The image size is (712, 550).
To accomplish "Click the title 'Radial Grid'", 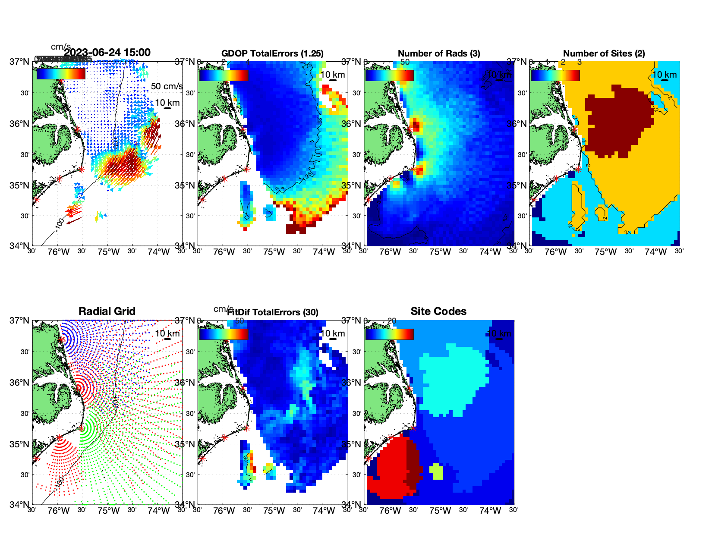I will pos(107,311).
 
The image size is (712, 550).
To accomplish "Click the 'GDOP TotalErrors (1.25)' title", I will pos(272,53).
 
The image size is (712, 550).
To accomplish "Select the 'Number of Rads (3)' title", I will pos(439,53).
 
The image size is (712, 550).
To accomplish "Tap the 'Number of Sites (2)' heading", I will pos(604,53).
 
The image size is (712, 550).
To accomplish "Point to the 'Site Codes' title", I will pos(438,311).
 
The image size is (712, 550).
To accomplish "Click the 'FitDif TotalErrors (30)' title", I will pos(273,312).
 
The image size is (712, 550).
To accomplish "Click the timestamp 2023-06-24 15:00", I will pos(107,53).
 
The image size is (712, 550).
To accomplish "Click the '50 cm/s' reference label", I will pos(167,86).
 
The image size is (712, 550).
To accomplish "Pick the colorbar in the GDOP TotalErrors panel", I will pos(224,75).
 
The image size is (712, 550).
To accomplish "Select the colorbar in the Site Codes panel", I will pos(389,334).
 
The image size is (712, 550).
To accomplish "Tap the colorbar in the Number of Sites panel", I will pos(555,75).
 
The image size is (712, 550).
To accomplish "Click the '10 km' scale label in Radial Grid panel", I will pos(167,333).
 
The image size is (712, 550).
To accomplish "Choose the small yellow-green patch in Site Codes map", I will pos(436,471).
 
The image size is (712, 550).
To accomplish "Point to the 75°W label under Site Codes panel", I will pos(440,511).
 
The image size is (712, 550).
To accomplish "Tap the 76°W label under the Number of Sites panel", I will pos(556,252).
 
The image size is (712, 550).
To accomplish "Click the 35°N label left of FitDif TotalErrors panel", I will pos(186,445).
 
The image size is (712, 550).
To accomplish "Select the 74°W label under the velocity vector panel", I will pos(158,252).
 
